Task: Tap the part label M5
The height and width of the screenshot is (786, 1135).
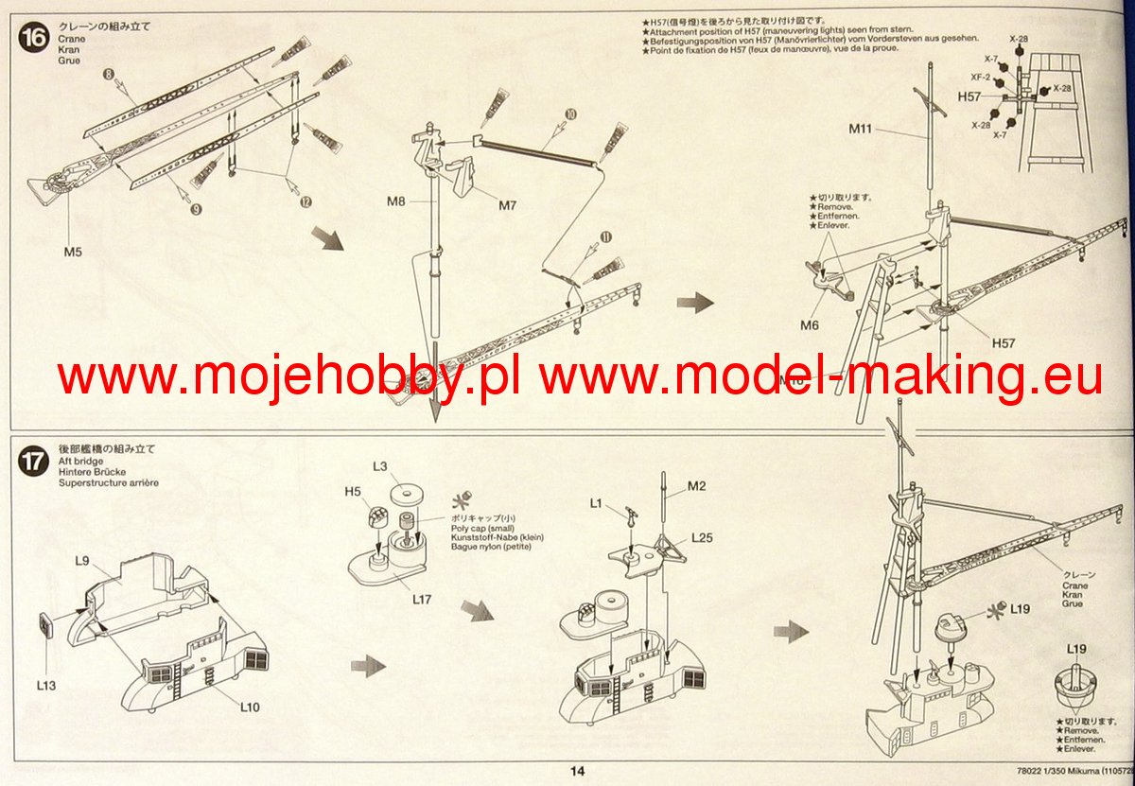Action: tap(74, 253)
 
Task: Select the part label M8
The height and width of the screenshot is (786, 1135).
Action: tap(396, 201)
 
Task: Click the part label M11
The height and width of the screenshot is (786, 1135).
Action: tap(860, 130)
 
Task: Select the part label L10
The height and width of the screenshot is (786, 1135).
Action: tap(250, 706)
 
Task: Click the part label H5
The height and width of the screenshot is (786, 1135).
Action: tap(352, 492)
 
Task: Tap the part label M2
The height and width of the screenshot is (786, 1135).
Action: tap(696, 486)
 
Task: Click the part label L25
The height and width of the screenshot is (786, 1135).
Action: tap(701, 538)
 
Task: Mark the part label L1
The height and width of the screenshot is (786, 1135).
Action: tap(597, 503)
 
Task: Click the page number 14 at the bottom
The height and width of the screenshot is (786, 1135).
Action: tap(578, 771)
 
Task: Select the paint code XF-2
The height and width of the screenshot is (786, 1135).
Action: tap(980, 77)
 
